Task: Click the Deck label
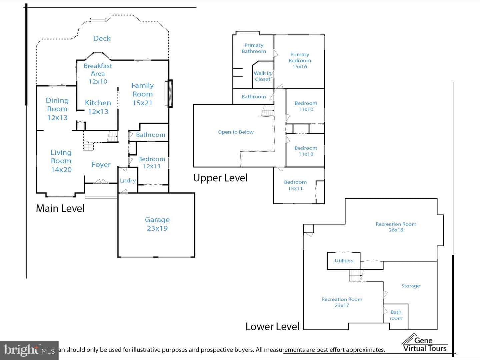[102, 38]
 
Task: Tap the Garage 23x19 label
[157, 224]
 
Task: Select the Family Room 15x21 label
[143, 94]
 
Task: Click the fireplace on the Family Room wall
[169, 94]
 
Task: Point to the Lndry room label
[128, 181]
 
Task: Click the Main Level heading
[60, 208]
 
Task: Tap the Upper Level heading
[220, 178]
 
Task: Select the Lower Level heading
[272, 327]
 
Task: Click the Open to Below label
[236, 132]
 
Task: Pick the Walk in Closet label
[262, 76]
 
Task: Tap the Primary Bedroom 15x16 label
[300, 60]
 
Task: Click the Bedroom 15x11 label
[295, 185]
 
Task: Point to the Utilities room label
[344, 261]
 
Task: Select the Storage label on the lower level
[411, 286]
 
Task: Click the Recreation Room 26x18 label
[396, 227]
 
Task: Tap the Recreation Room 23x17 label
[342, 302]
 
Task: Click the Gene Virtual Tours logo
[425, 343]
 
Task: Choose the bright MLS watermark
[29, 350]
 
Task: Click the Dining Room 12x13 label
[57, 109]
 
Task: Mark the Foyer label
[101, 164]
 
